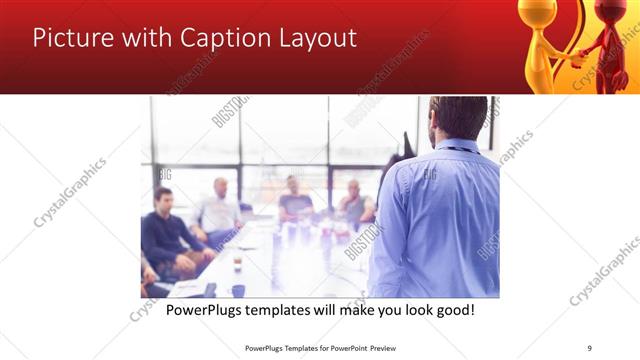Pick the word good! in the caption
451,310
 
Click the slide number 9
589,347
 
